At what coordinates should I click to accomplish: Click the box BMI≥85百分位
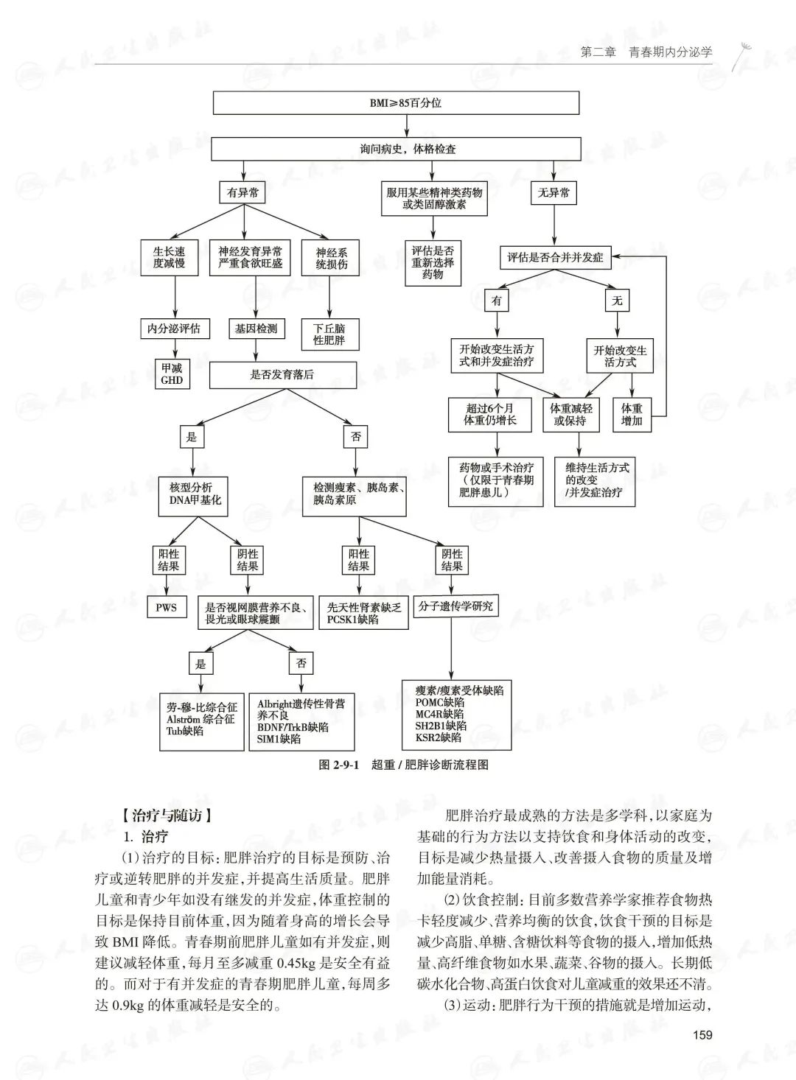pos(396,103)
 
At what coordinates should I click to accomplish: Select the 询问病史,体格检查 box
pos(396,149)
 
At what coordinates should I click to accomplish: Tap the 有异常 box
pos(242,193)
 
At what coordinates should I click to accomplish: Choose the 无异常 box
pos(554,193)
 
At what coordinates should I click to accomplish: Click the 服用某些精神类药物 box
pos(434,198)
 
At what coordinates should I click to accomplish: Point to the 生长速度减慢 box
pos(169,257)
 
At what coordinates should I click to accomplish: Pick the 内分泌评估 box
pos(174,329)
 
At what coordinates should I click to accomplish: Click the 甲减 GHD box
pos(172,374)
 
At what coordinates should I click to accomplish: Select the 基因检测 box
pos(256,329)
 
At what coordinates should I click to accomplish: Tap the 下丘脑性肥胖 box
pos(329,334)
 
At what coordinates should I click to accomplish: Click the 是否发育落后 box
pos(282,374)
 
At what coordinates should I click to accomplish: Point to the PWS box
pos(166,608)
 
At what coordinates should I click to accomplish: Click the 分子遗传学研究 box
pos(455,607)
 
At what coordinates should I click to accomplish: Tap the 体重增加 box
pos(632,415)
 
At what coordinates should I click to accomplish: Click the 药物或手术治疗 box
pos(495,480)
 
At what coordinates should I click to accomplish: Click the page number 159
pos(703,1035)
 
